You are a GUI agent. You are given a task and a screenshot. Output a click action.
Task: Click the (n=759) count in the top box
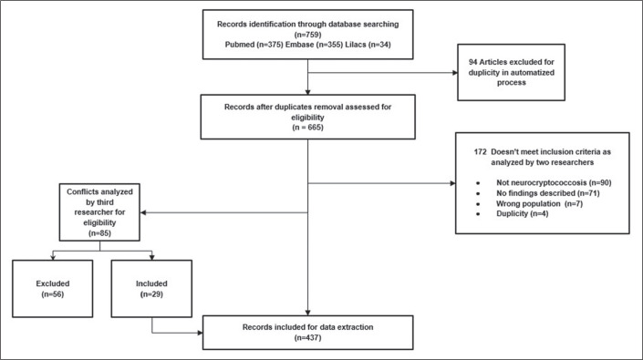point(307,35)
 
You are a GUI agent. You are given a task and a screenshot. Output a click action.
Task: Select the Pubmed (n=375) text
point(254,45)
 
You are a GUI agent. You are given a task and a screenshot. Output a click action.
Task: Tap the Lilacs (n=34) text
point(368,45)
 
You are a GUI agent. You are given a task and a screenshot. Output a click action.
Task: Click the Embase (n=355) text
point(314,45)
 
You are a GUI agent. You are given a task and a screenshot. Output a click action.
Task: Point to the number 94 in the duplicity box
point(472,62)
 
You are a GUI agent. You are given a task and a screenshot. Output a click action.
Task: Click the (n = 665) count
point(307,128)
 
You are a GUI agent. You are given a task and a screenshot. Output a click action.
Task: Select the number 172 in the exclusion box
point(481,152)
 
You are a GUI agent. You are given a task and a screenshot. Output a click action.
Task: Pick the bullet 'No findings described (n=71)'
point(548,193)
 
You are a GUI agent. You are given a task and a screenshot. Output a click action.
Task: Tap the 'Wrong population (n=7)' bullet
point(539,203)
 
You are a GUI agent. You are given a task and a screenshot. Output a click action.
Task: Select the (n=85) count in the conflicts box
point(99,233)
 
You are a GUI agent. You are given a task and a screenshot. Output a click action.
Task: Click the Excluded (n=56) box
point(53,289)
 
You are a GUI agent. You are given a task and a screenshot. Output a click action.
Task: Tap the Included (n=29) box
point(151,289)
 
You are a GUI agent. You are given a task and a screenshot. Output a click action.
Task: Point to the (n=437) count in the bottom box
point(307,338)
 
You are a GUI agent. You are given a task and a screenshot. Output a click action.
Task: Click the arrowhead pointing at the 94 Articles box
point(455,73)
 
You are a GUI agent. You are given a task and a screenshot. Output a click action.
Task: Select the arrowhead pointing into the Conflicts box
point(143,212)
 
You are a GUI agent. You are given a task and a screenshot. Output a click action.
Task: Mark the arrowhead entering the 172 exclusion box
point(452,183)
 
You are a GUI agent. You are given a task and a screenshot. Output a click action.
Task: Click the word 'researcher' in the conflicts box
point(99,212)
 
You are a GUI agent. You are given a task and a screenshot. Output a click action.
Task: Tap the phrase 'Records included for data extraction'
point(307,327)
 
